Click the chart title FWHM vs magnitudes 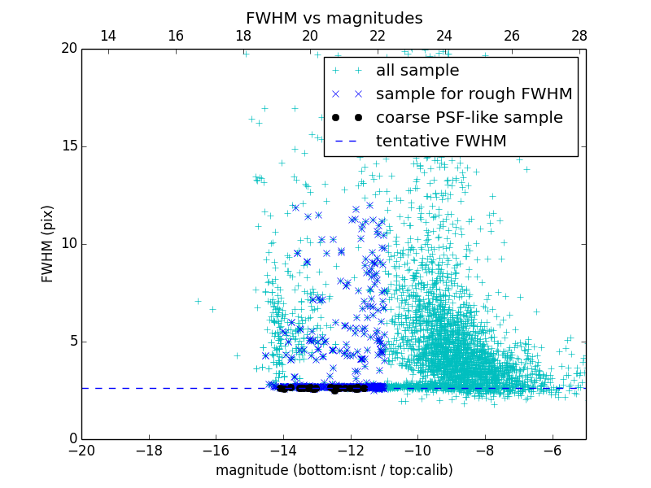coord(334,18)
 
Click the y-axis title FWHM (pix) coord(48,244)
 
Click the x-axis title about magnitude coord(334,470)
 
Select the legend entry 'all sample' coord(417,71)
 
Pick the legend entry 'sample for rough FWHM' coord(474,94)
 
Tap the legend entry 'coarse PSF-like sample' coord(469,118)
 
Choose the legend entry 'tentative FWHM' coord(440,142)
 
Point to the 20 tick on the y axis coord(68,49)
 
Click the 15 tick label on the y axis coord(68,146)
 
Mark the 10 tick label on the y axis coord(68,244)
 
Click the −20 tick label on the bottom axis coord(81,450)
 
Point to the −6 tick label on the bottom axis coord(552,450)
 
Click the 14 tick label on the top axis coord(107,36)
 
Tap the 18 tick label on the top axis coord(242,36)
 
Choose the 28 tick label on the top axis coord(579,36)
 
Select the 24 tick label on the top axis coord(444,36)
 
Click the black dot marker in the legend coord(346,118)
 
